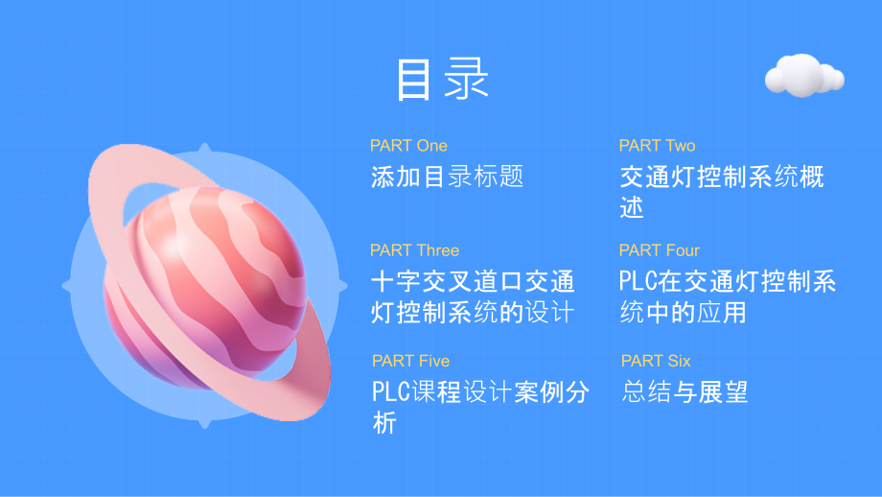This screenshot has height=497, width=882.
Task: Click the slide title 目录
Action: tap(442, 80)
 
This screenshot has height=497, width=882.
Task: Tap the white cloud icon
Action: tap(804, 76)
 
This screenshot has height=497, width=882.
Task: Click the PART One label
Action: tap(408, 146)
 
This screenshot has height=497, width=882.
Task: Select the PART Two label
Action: tap(657, 146)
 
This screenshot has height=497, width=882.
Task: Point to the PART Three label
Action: tap(414, 250)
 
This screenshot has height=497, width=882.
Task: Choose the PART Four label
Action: tap(659, 250)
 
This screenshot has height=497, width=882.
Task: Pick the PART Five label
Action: tap(410, 361)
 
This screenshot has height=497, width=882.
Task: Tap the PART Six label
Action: tap(655, 361)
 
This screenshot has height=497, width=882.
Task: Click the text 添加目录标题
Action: tap(447, 177)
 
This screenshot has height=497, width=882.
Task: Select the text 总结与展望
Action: tap(685, 391)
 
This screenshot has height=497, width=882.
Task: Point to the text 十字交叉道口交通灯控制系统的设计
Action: tap(472, 297)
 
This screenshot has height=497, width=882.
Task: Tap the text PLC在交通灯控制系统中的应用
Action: tap(727, 297)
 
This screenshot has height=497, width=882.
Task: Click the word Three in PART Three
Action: tap(436, 250)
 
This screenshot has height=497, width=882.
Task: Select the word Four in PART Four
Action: tap(682, 250)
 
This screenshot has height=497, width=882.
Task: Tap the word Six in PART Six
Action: tap(680, 361)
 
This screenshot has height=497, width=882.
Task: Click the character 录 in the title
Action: tap(465, 80)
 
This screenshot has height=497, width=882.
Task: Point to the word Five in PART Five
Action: tap(432, 361)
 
